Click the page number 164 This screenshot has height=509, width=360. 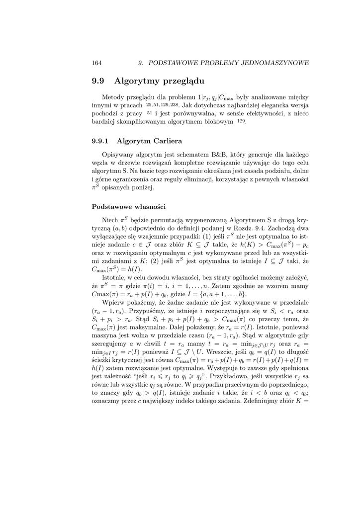click(97, 63)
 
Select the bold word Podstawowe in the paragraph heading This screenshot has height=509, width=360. click(110, 207)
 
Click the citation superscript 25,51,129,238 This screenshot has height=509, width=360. click(163, 105)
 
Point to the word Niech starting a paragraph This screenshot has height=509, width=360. click(110, 219)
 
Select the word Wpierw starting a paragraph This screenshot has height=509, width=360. click(114, 302)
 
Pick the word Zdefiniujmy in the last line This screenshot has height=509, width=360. click(268, 401)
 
